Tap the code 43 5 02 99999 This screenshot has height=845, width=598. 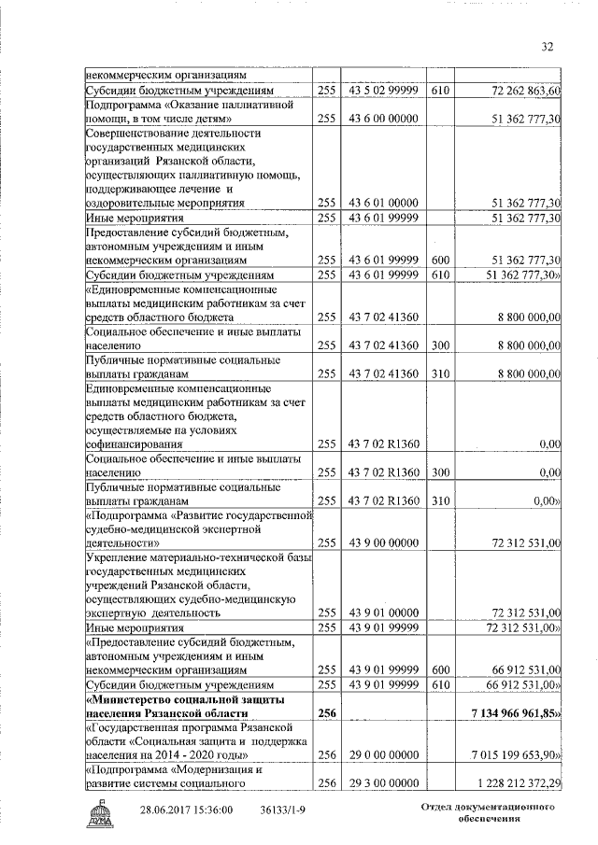[x=381, y=91]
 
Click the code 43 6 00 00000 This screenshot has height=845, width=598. [x=381, y=119]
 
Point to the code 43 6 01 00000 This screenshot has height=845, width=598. [x=381, y=202]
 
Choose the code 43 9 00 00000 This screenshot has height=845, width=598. [x=381, y=542]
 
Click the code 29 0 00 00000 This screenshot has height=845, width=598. [x=381, y=753]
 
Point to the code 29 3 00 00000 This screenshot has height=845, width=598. [x=381, y=782]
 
